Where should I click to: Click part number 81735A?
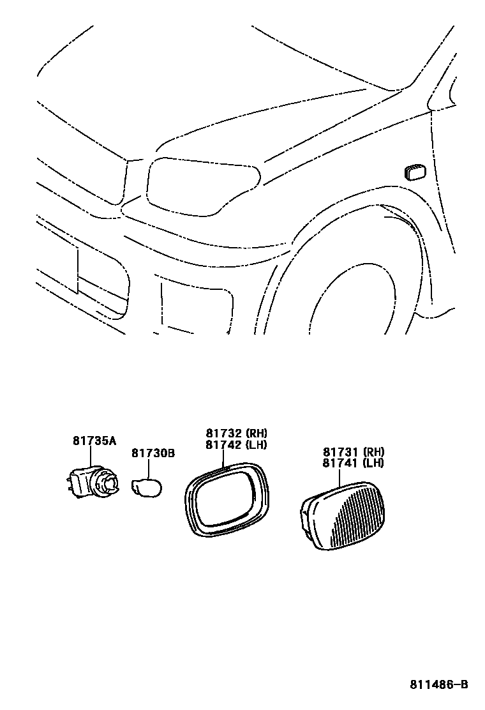[93, 441]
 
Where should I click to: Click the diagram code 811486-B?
[438, 685]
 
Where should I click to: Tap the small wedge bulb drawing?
[146, 489]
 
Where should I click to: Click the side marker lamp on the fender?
[415, 172]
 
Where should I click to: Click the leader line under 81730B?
[149, 468]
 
